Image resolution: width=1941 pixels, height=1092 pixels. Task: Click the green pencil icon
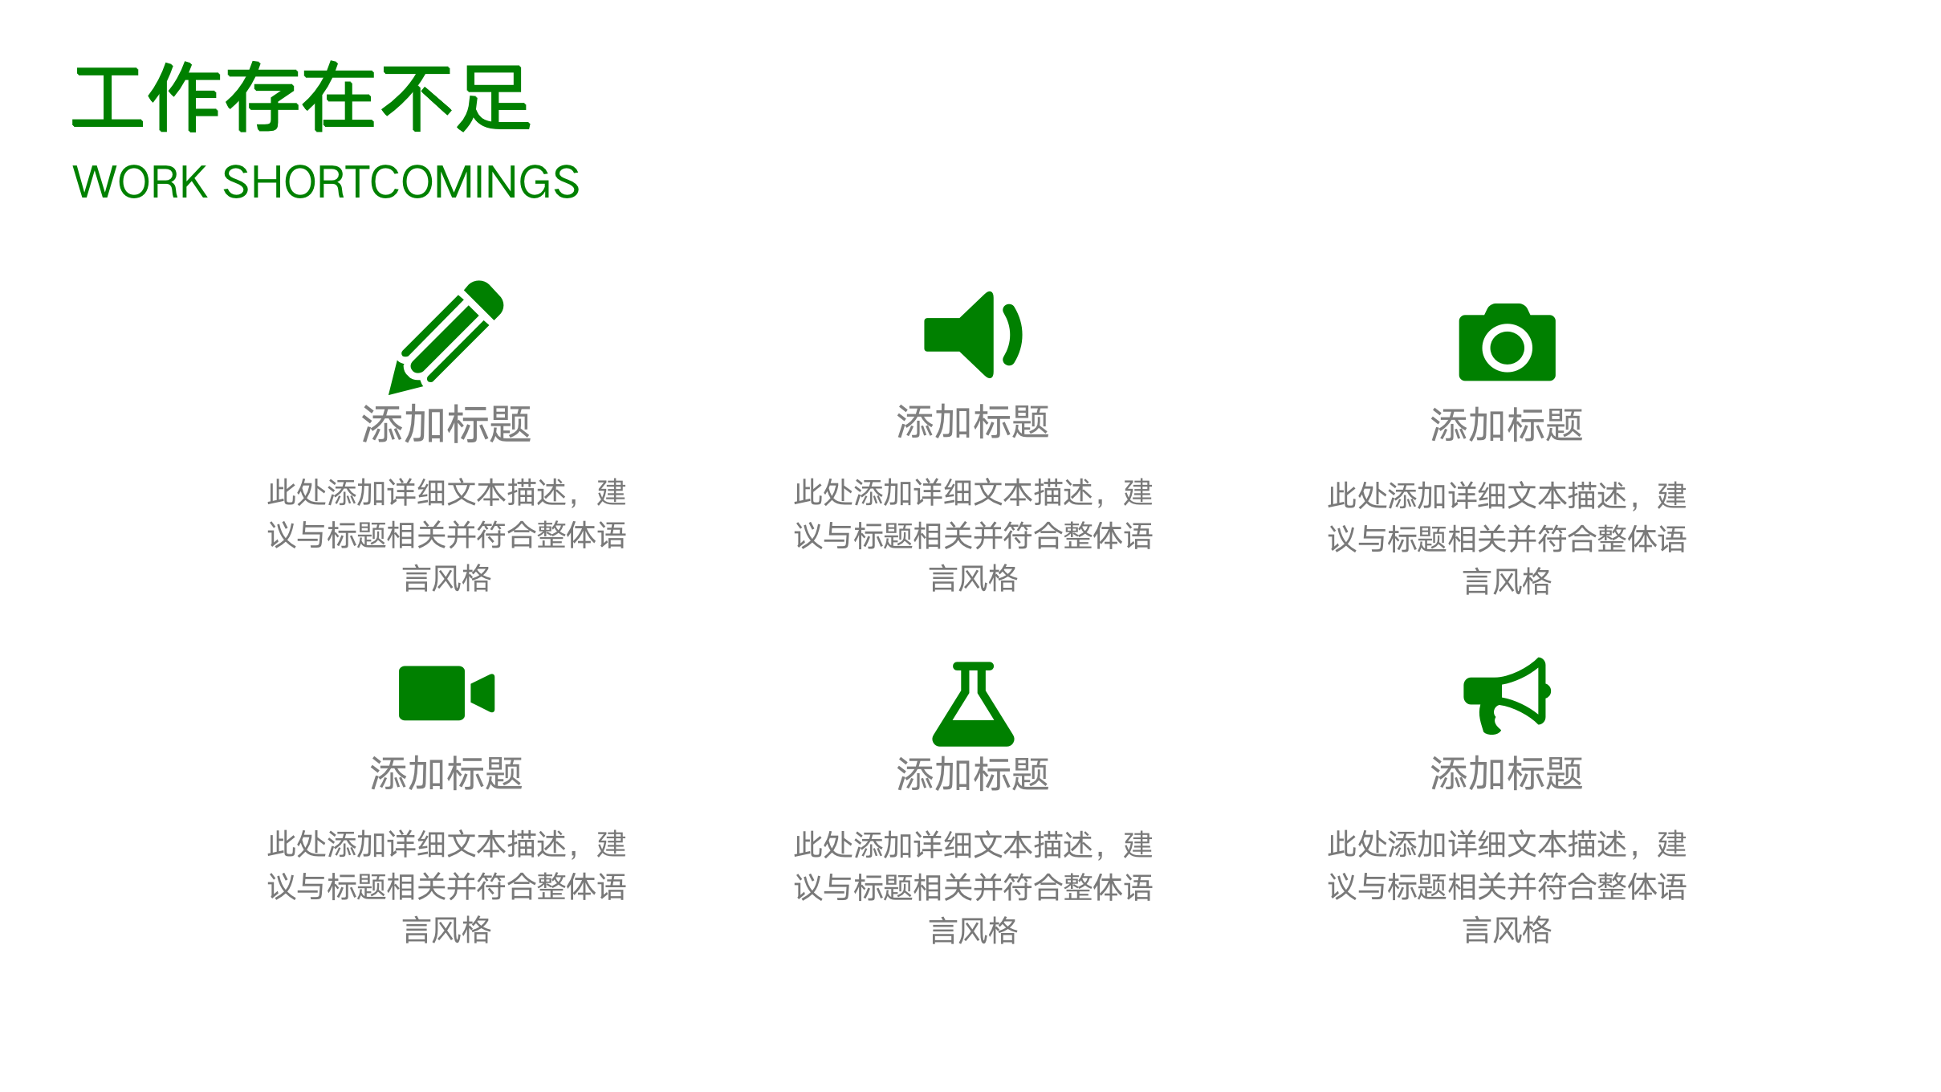pyautogui.click(x=446, y=337)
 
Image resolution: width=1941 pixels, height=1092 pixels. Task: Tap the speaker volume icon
pyautogui.click(x=972, y=335)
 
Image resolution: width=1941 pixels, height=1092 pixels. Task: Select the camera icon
pyautogui.click(x=1507, y=343)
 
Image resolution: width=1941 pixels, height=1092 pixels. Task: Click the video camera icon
pyautogui.click(x=446, y=693)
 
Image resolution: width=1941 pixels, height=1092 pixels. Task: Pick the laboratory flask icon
pyautogui.click(x=973, y=704)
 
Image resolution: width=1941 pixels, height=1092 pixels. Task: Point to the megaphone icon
pyautogui.click(x=1506, y=695)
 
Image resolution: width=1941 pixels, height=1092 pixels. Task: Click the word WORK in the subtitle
pyautogui.click(x=140, y=182)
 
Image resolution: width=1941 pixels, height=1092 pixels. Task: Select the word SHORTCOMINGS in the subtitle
pyautogui.click(x=401, y=182)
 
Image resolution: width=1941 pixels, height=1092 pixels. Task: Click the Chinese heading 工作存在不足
pyautogui.click(x=302, y=98)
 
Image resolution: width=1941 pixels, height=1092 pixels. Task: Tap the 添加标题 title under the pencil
pyautogui.click(x=446, y=424)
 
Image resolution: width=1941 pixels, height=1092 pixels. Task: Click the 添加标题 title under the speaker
pyautogui.click(x=973, y=422)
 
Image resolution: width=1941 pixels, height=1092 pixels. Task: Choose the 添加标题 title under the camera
pyautogui.click(x=1507, y=425)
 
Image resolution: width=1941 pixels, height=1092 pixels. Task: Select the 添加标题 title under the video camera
pyautogui.click(x=446, y=774)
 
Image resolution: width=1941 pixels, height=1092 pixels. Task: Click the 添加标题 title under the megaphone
pyautogui.click(x=1507, y=774)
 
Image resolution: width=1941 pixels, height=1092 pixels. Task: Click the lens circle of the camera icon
pyautogui.click(x=1507, y=348)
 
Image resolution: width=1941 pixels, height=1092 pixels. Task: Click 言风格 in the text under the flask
pyautogui.click(x=973, y=931)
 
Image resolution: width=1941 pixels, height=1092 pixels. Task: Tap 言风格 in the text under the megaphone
pyautogui.click(x=1507, y=930)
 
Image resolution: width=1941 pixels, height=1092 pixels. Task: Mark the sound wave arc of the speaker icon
pyautogui.click(x=1014, y=335)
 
